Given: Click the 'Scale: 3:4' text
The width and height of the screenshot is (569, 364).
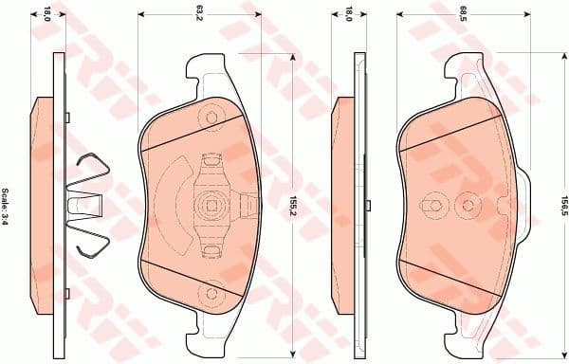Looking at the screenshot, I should [x=9, y=207].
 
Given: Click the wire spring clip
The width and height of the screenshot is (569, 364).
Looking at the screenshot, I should [x=92, y=203].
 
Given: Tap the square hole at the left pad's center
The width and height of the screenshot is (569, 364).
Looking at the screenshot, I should [x=211, y=203].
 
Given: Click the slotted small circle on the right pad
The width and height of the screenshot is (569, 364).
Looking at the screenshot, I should [x=432, y=204].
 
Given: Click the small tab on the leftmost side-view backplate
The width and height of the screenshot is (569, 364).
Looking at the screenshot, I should [x=70, y=117].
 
